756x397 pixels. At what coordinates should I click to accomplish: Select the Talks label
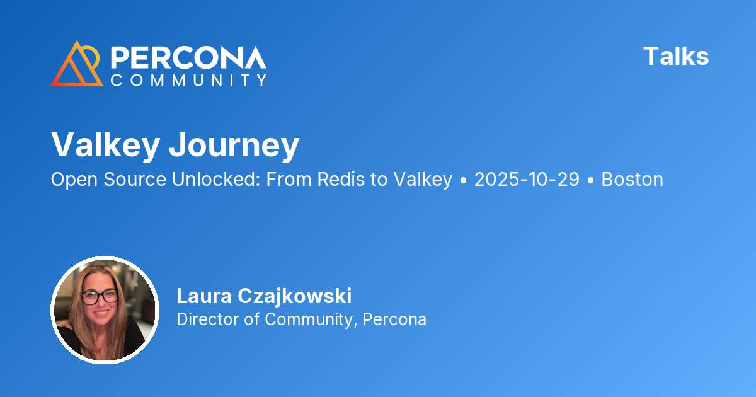[x=676, y=57]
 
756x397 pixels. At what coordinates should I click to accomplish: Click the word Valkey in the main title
[x=105, y=145]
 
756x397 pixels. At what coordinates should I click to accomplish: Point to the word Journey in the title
[x=234, y=146]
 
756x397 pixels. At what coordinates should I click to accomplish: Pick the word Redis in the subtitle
[x=341, y=180]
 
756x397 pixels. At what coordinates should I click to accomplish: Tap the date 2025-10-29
[x=526, y=180]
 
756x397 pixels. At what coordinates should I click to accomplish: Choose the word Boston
[x=632, y=180]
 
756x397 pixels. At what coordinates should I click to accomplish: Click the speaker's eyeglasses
[x=99, y=296]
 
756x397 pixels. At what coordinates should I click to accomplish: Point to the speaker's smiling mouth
[x=100, y=314]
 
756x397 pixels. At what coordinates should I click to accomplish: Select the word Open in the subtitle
[x=69, y=180]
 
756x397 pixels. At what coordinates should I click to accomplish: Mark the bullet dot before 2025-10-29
[x=463, y=180]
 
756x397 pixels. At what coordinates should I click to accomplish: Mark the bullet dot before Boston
[x=590, y=180]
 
